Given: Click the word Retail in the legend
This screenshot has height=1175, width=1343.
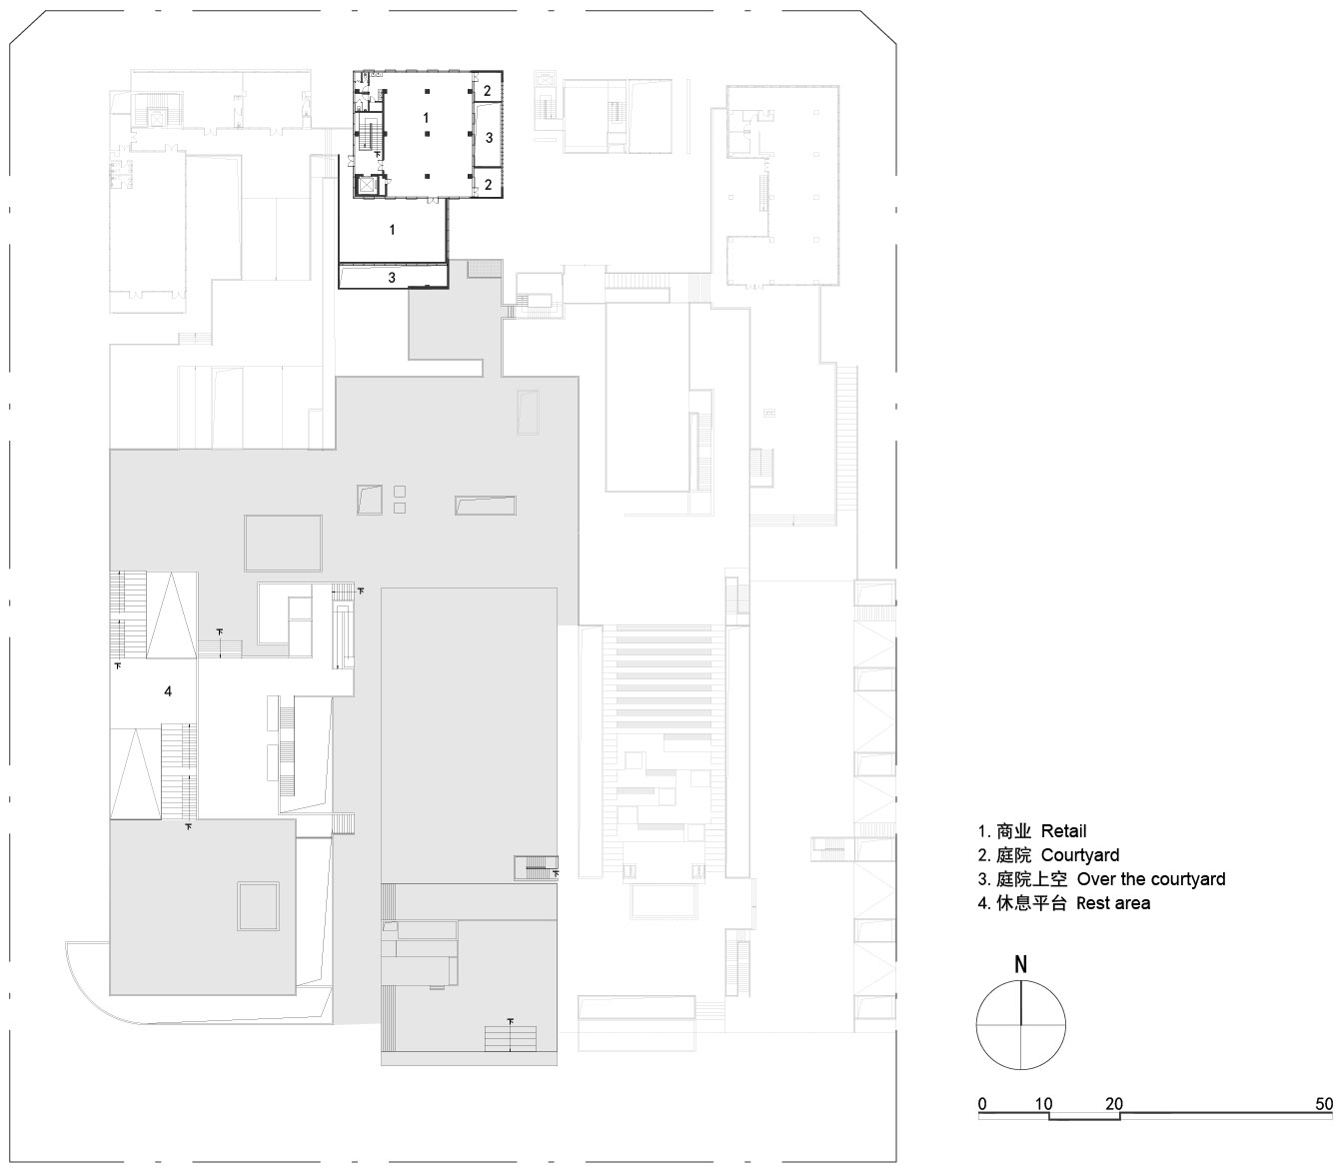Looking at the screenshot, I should tap(1063, 831).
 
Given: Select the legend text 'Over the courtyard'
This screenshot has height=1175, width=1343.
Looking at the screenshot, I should tap(1150, 879).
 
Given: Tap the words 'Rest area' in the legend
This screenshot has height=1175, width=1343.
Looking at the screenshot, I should tap(1112, 903).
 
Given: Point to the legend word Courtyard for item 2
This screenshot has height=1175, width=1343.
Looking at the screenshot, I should tap(1079, 855).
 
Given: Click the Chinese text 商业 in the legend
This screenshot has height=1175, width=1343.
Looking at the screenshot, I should tap(1013, 831).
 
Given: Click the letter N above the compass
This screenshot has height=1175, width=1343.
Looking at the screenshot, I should tap(1020, 965).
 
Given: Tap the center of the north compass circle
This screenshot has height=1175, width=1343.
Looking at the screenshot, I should tap(1020, 1024).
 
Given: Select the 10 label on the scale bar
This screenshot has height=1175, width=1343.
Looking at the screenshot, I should tap(1043, 1104).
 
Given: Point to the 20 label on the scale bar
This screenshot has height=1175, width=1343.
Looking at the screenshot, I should tap(1113, 1104).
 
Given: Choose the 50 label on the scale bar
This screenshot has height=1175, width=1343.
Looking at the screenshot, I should tap(1323, 1104).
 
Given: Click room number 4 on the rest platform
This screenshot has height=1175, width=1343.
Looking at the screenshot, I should tap(168, 690).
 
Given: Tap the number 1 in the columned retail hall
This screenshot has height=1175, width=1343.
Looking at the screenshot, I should tap(426, 118).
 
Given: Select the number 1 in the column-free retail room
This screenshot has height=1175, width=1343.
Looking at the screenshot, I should tap(392, 230).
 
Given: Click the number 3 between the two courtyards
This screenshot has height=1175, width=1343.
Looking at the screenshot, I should tap(489, 138).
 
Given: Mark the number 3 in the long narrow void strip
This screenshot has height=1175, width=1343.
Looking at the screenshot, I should tap(392, 278).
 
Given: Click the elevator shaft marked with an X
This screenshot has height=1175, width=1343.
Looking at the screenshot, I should tap(366, 185).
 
